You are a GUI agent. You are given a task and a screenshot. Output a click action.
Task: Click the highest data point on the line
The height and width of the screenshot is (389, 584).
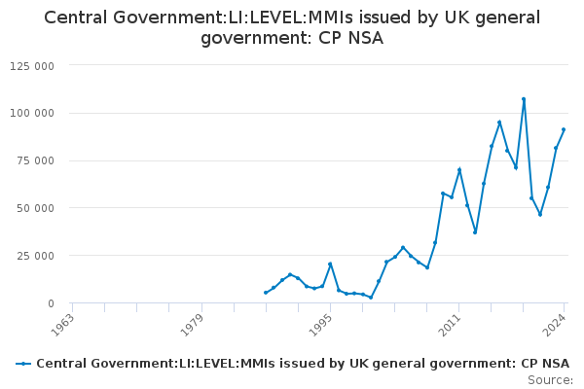coord(524,99)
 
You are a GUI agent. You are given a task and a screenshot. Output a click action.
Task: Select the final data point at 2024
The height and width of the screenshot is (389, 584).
coord(564,129)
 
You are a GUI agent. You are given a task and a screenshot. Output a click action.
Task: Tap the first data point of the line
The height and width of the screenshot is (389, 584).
coord(266,293)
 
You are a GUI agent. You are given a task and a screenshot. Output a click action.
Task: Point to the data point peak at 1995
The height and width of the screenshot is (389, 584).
coord(330,264)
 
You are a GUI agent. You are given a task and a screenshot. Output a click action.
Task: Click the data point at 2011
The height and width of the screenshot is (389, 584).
coord(459,170)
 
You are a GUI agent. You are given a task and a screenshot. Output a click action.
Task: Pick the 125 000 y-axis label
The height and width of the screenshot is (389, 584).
coord(32,66)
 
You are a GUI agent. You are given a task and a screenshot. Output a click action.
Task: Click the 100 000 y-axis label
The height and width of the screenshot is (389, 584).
coord(32,113)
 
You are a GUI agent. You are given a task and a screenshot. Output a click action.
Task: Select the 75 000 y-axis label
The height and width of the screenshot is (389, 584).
coord(35,160)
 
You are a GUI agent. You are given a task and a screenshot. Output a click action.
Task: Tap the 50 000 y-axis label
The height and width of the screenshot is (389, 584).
coord(35,208)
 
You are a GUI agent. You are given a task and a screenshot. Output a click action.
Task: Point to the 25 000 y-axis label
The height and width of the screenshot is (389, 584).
coord(35,256)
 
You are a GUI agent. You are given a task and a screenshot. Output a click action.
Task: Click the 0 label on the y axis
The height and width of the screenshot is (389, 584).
coord(51,303)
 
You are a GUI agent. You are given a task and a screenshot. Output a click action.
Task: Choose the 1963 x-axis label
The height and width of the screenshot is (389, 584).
coord(62,325)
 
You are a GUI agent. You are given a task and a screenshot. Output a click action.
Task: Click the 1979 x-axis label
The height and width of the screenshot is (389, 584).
coord(192,325)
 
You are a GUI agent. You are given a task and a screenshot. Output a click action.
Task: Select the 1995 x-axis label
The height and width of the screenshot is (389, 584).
coord(320,325)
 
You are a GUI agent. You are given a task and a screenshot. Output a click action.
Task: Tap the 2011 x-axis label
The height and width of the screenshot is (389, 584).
coord(450,325)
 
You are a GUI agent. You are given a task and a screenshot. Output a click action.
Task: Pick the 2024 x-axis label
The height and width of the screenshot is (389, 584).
coord(555,325)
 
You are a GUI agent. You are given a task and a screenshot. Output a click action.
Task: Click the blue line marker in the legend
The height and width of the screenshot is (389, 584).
coord(23,364)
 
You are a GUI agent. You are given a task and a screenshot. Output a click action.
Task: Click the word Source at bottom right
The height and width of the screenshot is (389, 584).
coord(550,380)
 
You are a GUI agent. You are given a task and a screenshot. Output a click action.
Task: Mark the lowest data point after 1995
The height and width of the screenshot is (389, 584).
coord(371,298)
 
